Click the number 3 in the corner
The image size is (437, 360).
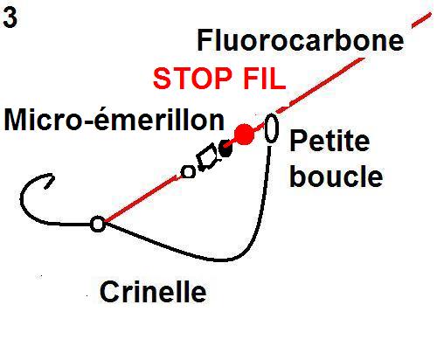point(10,17)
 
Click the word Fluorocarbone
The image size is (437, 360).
point(301,40)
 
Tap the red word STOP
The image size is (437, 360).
point(192,79)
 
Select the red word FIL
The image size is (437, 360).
point(264,79)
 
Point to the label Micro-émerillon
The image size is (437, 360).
point(114,120)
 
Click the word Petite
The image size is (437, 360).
point(329,141)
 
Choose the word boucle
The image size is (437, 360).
point(336,176)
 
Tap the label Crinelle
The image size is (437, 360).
point(153,291)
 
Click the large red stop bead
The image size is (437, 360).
point(244,135)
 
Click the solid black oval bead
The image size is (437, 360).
point(225,149)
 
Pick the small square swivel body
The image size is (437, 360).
point(207,157)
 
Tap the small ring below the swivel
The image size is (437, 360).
point(188,172)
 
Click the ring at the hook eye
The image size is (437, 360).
point(98,224)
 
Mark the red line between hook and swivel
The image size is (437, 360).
point(142,199)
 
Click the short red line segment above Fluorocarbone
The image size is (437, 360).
point(421,20)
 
